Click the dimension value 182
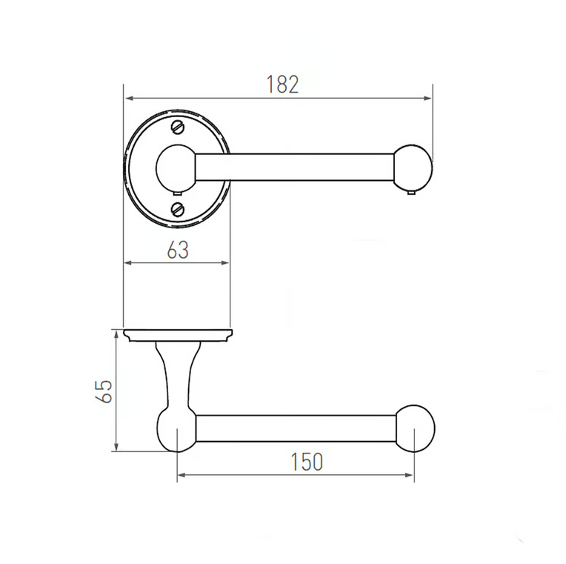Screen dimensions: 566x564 [282, 84]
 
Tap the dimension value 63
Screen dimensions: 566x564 [178, 250]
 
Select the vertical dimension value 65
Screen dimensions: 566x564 [104, 391]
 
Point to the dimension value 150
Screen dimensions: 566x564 [307, 462]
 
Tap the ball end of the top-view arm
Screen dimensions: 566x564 [413, 167]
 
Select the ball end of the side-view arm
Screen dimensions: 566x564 [415, 428]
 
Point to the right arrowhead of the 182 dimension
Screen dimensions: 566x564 [428, 98]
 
